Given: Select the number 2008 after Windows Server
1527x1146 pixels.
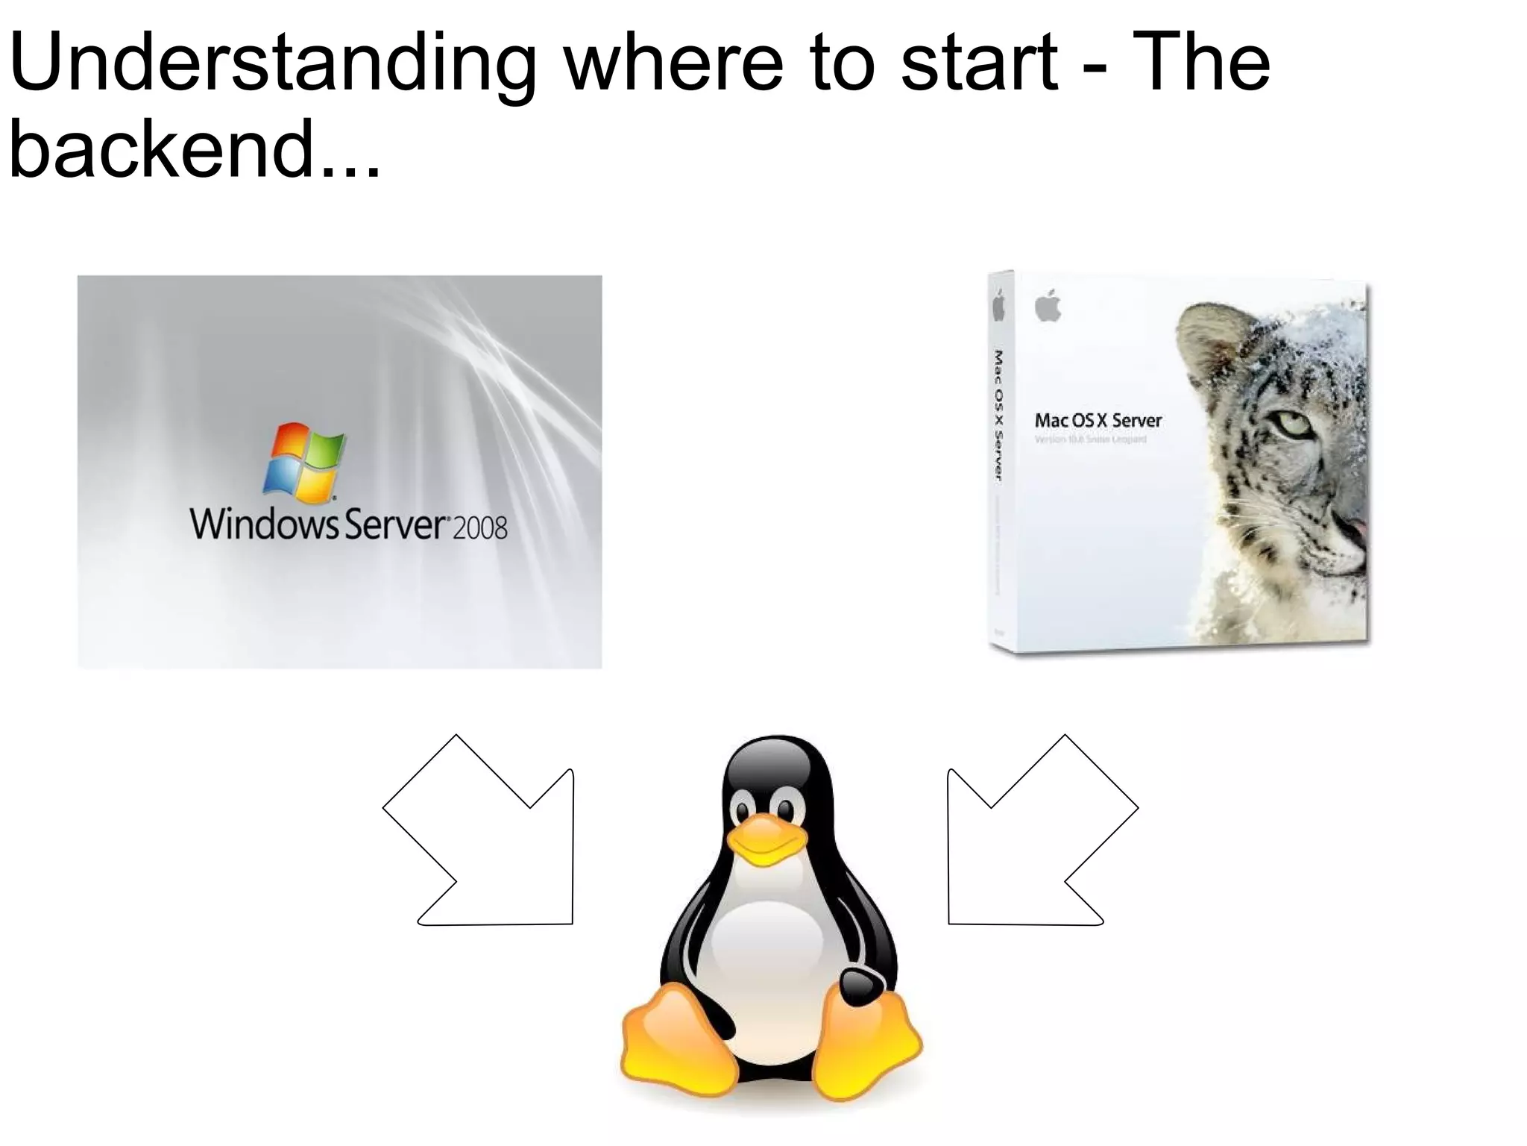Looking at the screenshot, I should [479, 528].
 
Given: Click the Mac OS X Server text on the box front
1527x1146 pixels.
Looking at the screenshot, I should [1098, 421].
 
